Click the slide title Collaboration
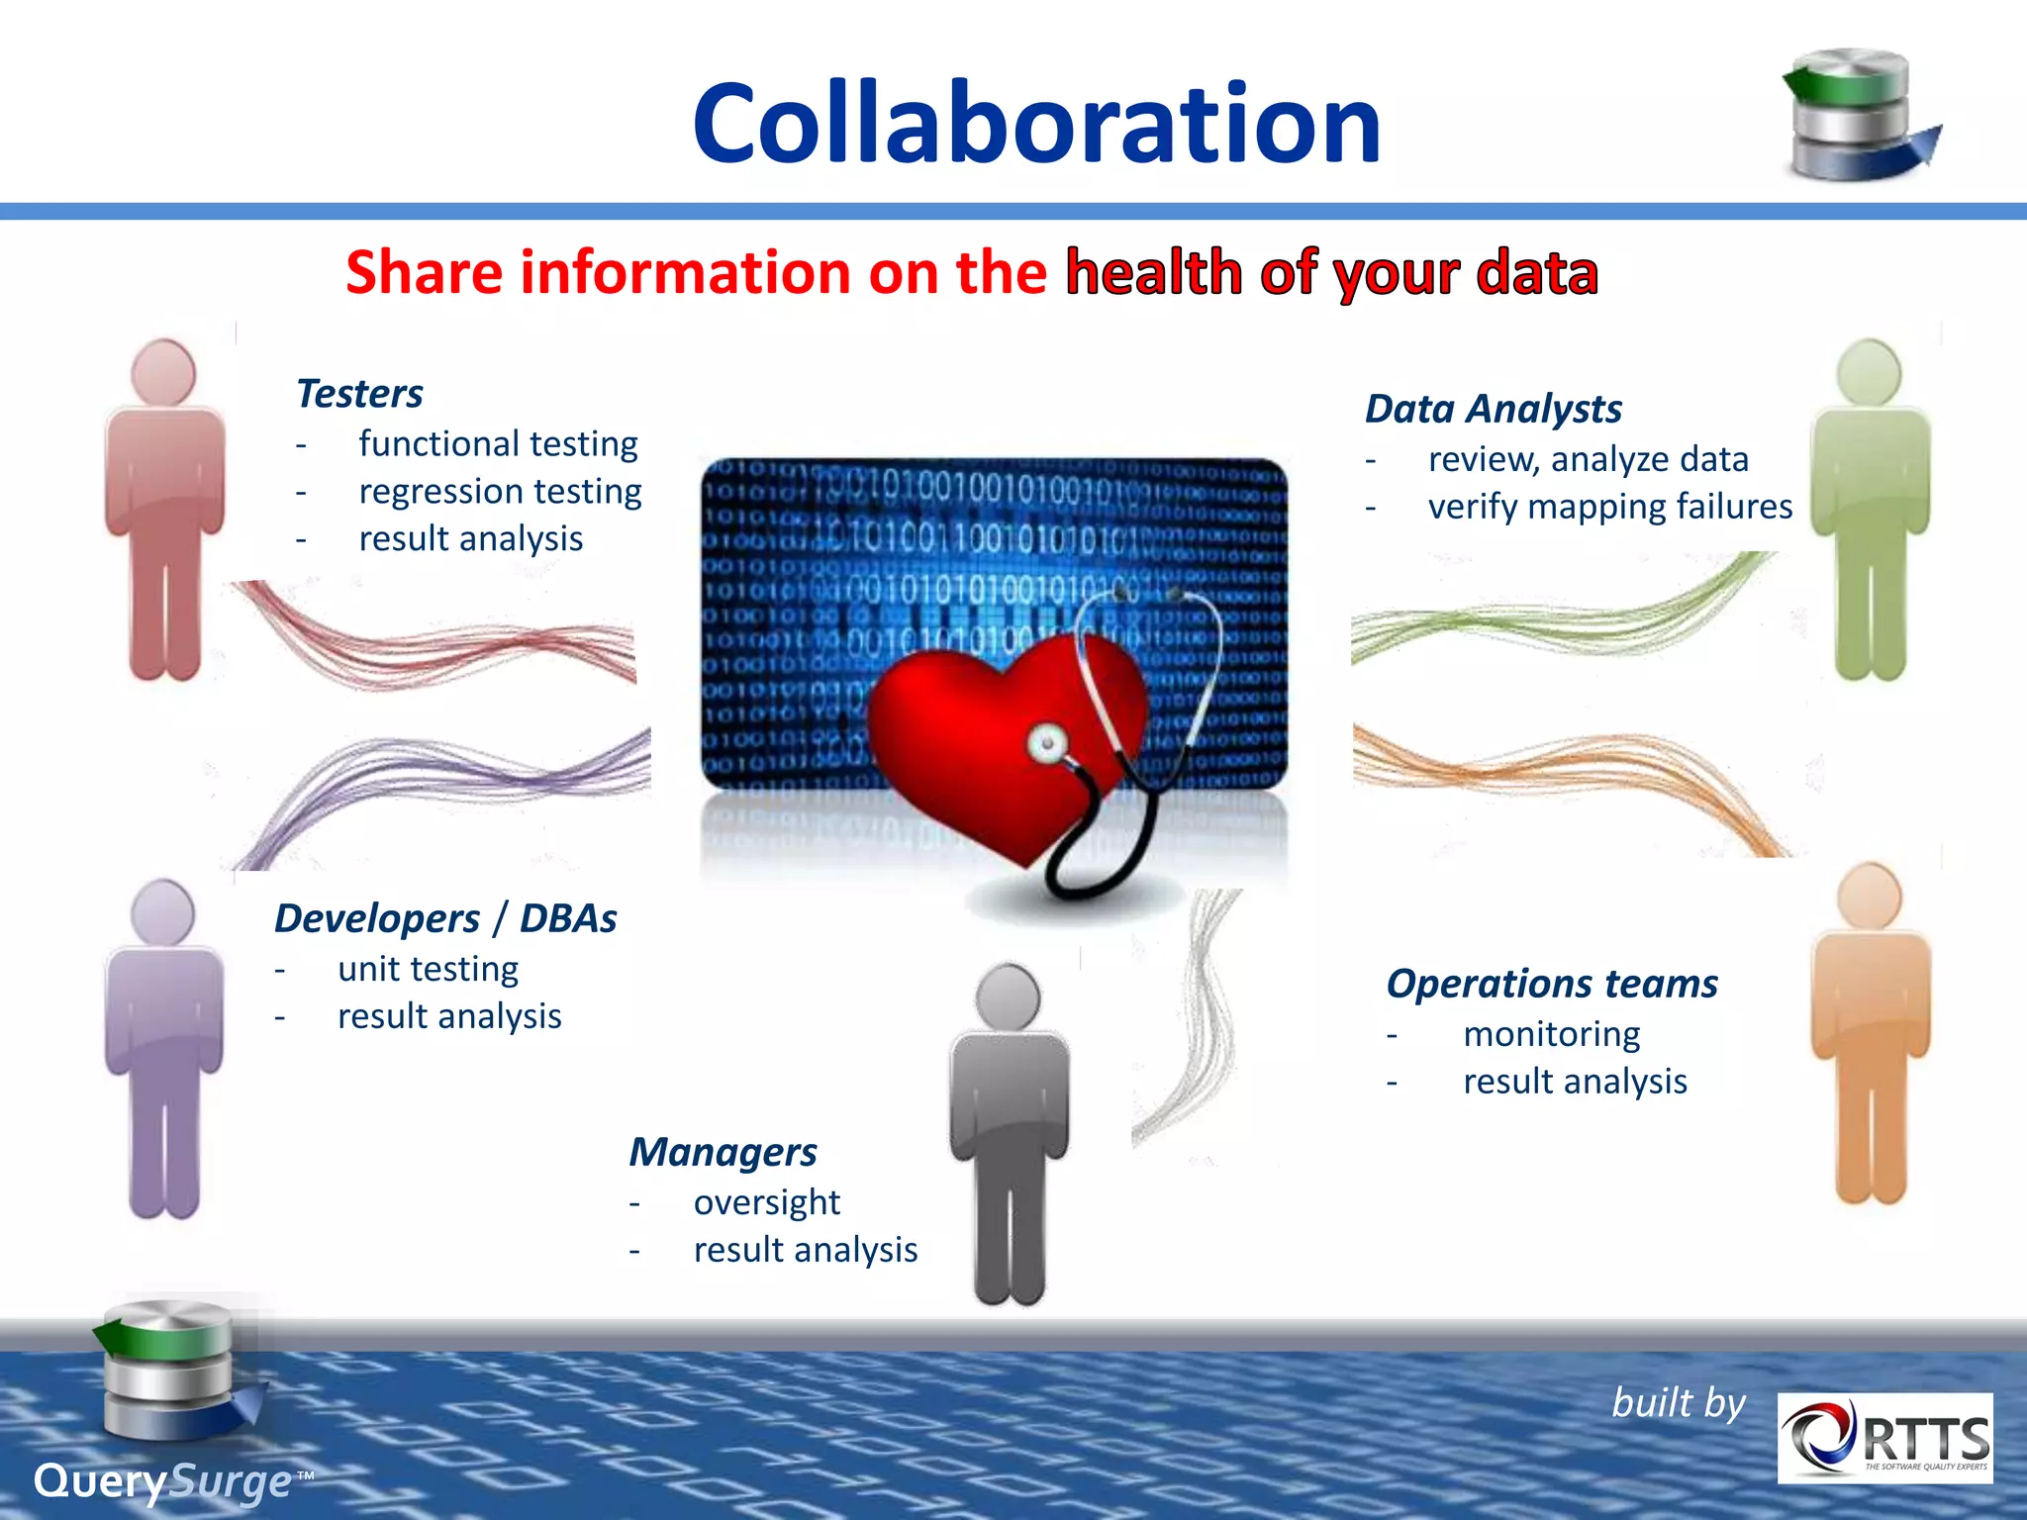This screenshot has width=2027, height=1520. click(1035, 123)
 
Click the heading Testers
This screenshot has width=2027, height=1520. click(359, 393)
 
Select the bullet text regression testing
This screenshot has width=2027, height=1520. click(500, 491)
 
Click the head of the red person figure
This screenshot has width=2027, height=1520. click(163, 372)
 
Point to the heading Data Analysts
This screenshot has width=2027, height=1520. click(1493, 409)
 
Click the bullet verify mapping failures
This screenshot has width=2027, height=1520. click(1609, 507)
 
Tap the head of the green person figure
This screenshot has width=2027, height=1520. click(1868, 372)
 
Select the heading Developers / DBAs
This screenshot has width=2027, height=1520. click(445, 918)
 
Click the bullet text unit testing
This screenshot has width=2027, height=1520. click(428, 969)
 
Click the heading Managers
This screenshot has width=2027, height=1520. click(723, 1152)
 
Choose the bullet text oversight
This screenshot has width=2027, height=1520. click(766, 1202)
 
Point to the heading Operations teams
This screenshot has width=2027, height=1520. click(1551, 984)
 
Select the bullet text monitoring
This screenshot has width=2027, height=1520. click(1551, 1034)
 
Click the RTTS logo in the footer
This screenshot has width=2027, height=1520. click(1884, 1438)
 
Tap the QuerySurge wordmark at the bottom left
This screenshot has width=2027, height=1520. click(163, 1481)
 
